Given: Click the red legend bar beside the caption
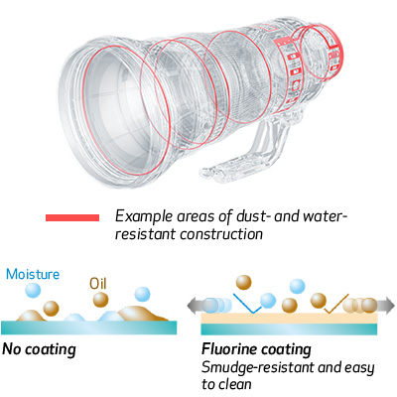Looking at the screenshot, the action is (72, 217).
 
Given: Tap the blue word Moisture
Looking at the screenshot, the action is (33, 274).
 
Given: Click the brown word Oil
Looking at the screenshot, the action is (98, 284).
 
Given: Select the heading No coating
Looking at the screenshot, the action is (39, 349).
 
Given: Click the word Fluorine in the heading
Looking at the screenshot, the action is (228, 349).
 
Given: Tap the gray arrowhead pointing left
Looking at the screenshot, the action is (195, 305).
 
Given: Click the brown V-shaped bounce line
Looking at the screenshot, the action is (335, 304).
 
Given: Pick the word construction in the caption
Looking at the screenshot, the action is (221, 234).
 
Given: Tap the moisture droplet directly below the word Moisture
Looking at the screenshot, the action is (33, 290).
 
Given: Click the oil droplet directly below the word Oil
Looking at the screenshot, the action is (100, 300).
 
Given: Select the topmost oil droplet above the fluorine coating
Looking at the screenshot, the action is (243, 282).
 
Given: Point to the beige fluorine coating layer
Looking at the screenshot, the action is (289, 318).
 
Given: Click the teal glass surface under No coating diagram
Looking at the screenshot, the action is (89, 328).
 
